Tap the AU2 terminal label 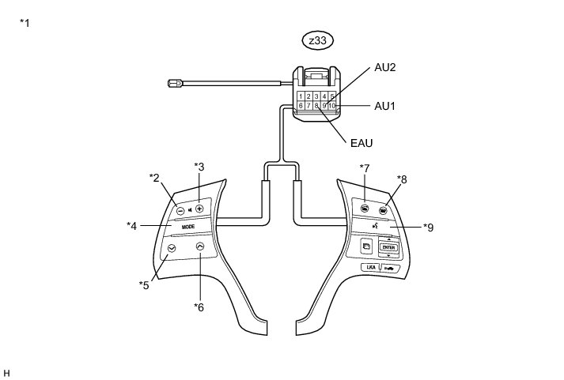(x=385, y=68)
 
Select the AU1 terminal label (x=386, y=105)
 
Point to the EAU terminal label (x=361, y=143)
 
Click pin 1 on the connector (x=301, y=96)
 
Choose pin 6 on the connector (x=301, y=105)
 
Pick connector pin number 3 (x=316, y=96)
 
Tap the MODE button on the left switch (x=188, y=227)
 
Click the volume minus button (x=181, y=211)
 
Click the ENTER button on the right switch (x=388, y=248)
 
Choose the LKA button (x=369, y=268)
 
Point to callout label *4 (x=132, y=226)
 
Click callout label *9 (x=428, y=228)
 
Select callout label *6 (x=199, y=307)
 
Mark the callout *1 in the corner (x=25, y=23)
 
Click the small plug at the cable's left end (x=176, y=81)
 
